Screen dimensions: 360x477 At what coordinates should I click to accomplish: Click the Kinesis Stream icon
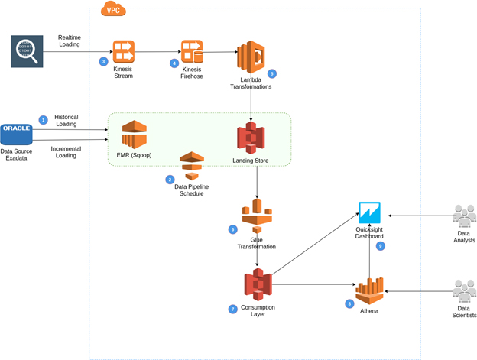(x=124, y=51)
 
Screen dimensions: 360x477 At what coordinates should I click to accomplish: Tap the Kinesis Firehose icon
(x=191, y=52)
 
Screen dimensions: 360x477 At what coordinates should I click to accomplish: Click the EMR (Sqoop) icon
(x=134, y=135)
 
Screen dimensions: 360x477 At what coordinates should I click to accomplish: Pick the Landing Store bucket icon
(x=250, y=138)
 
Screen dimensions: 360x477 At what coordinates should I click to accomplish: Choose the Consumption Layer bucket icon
(x=257, y=285)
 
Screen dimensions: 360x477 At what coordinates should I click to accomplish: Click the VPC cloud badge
(x=114, y=9)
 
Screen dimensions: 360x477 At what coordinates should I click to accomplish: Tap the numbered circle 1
(x=44, y=120)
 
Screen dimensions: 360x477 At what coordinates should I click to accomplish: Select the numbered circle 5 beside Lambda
(x=271, y=74)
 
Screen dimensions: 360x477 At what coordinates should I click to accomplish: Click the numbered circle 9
(x=380, y=246)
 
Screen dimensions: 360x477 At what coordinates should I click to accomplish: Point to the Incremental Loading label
(x=66, y=151)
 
